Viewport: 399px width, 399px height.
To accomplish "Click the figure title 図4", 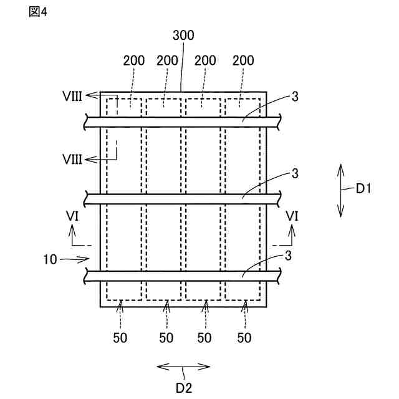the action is pos(38,12).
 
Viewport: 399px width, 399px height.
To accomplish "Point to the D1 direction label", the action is pos(363,190).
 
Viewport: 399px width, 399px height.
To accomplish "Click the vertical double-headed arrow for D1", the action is pos(340,190).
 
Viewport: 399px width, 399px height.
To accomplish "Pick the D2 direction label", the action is pos(183,387).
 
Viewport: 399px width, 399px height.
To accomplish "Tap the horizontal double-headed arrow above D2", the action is pos(183,368).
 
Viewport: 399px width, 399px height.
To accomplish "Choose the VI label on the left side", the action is pos(72,216).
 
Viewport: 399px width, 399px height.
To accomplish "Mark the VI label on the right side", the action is pos(291,216).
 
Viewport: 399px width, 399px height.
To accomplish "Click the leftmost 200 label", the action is pos(133,60).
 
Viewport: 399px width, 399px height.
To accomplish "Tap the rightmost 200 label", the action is pos(244,60).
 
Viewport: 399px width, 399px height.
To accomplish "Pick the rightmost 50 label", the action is pos(245,337).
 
